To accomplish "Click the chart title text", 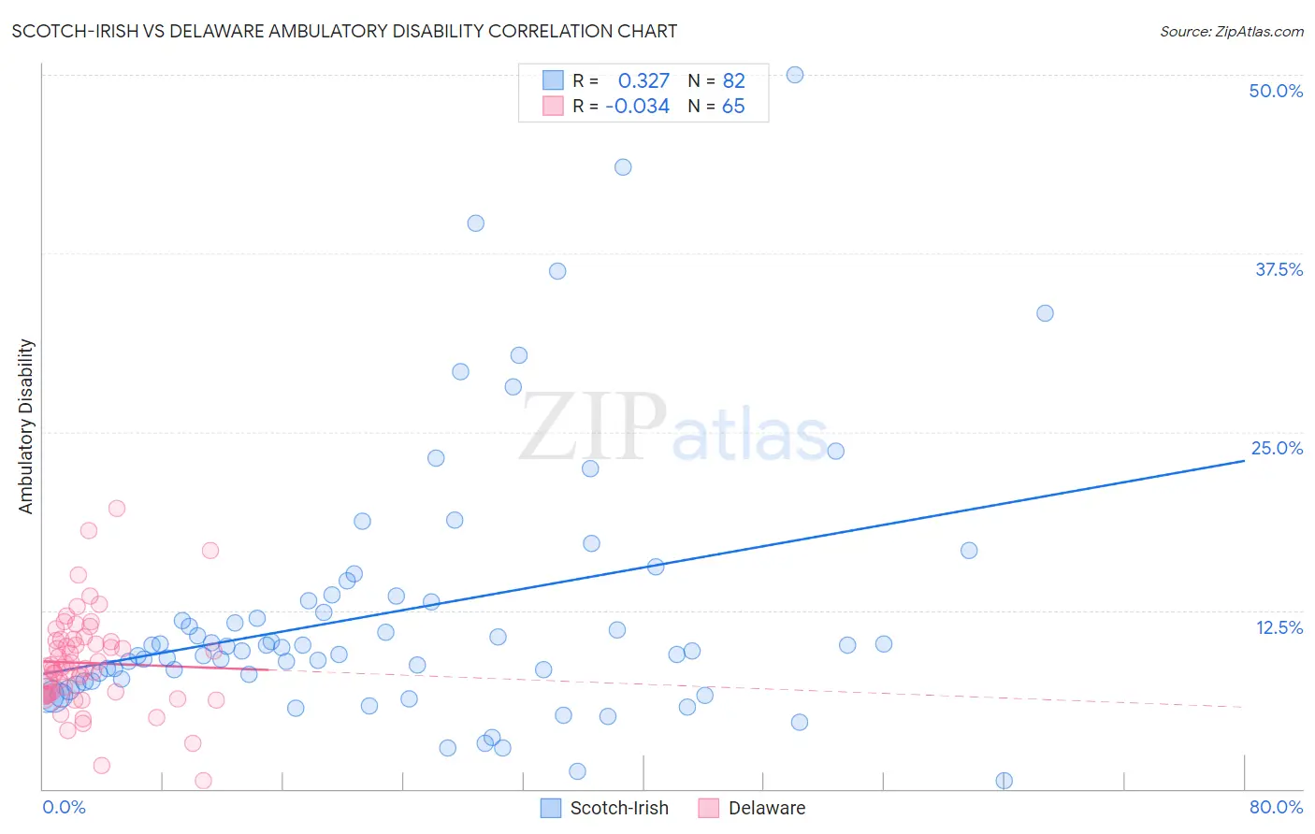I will click(x=344, y=31).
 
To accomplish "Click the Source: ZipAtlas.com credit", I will click(x=1231, y=31).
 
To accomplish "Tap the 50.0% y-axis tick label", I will click(x=1276, y=91).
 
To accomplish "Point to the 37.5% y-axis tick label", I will click(x=1279, y=269).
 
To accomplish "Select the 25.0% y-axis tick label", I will click(x=1277, y=448).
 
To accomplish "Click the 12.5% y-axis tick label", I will click(x=1279, y=627).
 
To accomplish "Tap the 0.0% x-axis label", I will click(x=64, y=807).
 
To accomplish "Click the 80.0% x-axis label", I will click(x=1276, y=807).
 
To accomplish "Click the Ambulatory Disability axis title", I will click(x=26, y=425).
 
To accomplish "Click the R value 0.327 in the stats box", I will click(x=643, y=80).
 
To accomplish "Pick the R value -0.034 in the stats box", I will click(x=637, y=107).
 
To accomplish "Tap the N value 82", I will click(x=733, y=80).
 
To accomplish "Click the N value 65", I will click(x=733, y=107).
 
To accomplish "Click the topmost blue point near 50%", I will click(x=795, y=75).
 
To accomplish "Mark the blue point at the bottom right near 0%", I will click(x=1004, y=781).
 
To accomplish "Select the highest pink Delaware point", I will click(x=117, y=509).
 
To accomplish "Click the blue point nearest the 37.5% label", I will click(x=1045, y=313).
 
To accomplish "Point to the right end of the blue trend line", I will click(x=1244, y=461).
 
